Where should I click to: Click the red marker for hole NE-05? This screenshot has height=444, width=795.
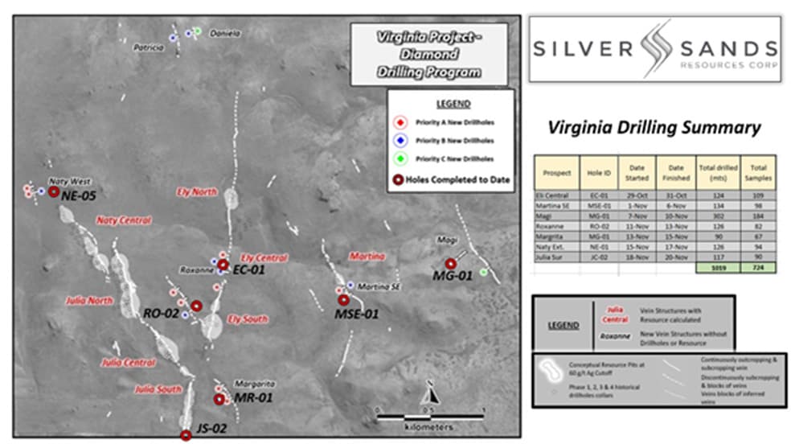tap(54, 192)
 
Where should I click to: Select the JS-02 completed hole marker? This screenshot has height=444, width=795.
tap(186, 435)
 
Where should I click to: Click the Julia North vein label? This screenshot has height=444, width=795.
tap(89, 300)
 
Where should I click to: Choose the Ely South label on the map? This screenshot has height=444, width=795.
tap(248, 319)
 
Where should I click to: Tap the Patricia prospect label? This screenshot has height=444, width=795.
tap(148, 48)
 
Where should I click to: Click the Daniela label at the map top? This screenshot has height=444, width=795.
tap(225, 34)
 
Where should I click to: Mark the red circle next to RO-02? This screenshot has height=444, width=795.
tap(196, 306)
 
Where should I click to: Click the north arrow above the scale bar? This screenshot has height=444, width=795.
tap(432, 393)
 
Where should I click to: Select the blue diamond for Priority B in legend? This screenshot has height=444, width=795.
tap(400, 140)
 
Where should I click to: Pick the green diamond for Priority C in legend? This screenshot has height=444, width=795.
tap(400, 158)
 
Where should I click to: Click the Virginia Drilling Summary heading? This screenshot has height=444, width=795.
tap(654, 127)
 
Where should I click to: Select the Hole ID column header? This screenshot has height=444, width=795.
tap(596, 173)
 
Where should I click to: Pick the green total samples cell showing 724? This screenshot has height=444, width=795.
tap(758, 268)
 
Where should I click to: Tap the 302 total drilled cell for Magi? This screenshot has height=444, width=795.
tap(716, 216)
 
